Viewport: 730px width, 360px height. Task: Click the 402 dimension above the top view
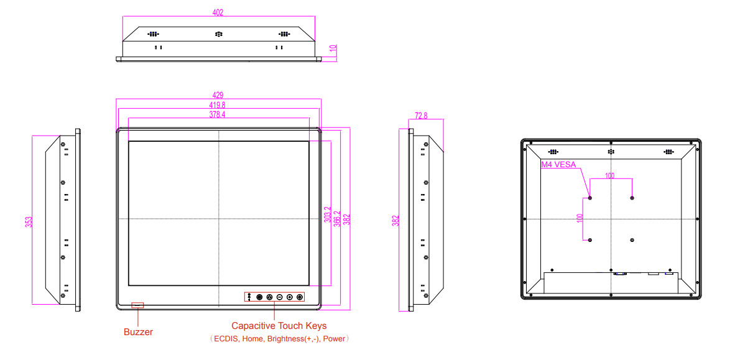pos(218,12)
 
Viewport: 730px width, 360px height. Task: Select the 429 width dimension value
pos(218,95)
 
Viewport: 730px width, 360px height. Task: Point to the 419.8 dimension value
pos(218,105)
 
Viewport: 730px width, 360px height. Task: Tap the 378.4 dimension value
pos(218,115)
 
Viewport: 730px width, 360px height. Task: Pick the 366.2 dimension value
pos(337,218)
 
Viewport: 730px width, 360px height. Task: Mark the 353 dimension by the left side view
pos(29,221)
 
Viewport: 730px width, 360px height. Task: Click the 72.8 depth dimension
pos(421,116)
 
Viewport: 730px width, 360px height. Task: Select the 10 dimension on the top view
pos(333,49)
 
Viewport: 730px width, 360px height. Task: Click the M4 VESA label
pos(558,165)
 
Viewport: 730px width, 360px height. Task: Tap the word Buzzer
pos(138,332)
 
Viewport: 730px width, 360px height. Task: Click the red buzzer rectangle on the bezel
pos(137,305)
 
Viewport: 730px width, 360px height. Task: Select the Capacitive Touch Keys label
pos(279,326)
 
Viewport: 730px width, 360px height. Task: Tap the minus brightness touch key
pos(280,297)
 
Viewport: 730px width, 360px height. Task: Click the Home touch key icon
pos(269,297)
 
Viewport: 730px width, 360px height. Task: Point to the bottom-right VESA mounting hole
pos(632,240)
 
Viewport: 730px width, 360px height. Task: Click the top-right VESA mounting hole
pos(632,198)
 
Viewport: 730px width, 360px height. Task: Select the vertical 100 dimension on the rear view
pos(580,218)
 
